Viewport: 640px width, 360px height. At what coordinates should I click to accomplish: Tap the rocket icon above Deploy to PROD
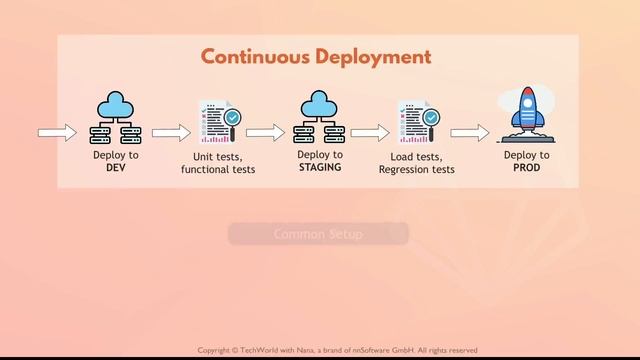525,114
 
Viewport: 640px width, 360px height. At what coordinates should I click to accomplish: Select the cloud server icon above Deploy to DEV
116,117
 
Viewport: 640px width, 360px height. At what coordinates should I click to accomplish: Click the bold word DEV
116,168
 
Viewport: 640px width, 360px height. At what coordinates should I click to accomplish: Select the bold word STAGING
320,168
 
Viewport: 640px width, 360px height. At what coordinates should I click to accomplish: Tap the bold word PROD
526,168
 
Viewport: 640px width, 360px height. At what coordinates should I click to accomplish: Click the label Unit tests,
218,157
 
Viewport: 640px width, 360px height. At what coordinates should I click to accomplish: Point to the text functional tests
218,170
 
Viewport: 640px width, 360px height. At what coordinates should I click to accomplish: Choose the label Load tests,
416,157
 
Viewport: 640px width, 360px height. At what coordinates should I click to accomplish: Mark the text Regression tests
416,170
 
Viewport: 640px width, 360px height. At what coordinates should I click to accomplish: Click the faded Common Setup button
318,234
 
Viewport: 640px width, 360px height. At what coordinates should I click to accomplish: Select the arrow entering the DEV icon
57,133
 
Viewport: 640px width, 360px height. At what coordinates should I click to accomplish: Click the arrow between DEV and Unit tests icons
171,133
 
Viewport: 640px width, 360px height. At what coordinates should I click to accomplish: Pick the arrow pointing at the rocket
469,133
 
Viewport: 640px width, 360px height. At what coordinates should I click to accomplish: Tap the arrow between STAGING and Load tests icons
369,133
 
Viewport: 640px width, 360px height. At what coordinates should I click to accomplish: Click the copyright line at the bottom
337,350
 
